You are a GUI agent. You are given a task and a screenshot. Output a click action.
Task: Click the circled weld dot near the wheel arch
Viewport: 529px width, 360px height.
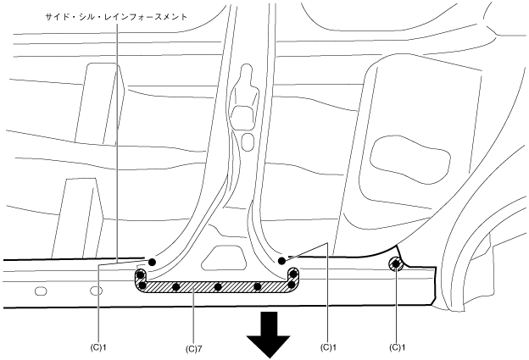(396, 265)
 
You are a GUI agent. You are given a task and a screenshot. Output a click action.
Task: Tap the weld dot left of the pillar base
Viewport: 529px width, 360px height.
(153, 262)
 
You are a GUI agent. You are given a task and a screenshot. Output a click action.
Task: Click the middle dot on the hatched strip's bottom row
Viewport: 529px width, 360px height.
(218, 286)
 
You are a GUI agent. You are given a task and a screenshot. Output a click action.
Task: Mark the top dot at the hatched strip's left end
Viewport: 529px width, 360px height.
(141, 275)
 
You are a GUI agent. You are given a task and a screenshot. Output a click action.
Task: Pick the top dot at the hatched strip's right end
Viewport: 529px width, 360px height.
(293, 274)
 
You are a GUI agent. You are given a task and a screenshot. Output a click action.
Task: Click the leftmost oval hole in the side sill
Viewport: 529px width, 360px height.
(40, 291)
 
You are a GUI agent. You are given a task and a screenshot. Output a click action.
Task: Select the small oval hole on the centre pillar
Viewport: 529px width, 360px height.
(247, 140)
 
